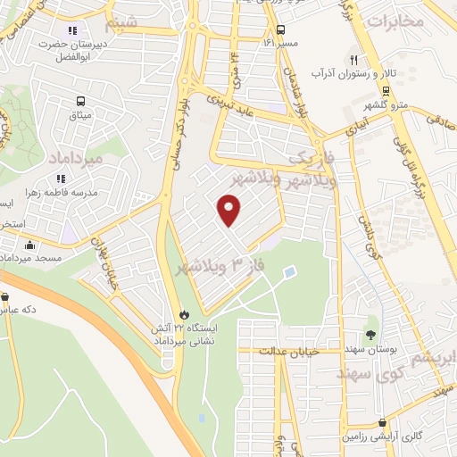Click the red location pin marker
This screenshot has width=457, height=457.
click(x=230, y=211)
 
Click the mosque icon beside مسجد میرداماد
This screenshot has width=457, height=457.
click(x=30, y=245)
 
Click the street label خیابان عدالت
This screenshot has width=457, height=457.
click(x=288, y=352)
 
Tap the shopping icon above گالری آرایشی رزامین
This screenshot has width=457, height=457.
click(x=383, y=423)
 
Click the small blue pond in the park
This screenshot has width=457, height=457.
click(x=288, y=271)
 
